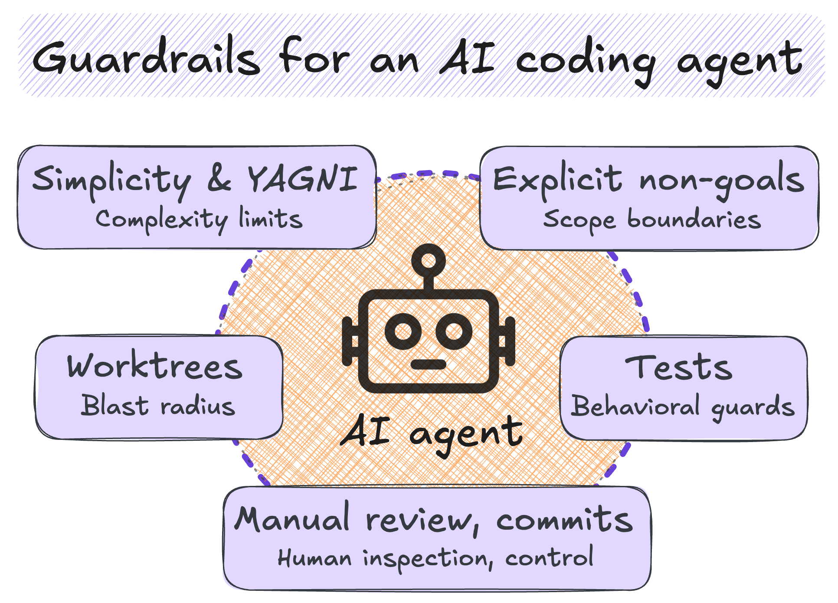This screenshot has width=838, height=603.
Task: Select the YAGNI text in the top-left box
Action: pos(302,178)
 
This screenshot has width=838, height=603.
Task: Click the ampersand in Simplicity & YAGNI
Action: pos(219,179)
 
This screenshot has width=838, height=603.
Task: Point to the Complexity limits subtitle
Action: pos(199,219)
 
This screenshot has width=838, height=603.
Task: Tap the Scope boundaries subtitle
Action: pos(652,220)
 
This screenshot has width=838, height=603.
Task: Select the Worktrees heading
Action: pos(155,366)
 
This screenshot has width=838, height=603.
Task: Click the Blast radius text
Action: pos(158,406)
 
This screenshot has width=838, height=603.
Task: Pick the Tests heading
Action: pos(679,367)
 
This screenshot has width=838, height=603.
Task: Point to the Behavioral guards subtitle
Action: pos(682,407)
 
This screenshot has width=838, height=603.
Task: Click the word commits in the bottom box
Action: pos(564,519)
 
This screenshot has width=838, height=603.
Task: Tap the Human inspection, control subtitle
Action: pos(435,558)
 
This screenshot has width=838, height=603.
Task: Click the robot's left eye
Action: pos(403,332)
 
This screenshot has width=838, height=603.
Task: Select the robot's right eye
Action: pos(454,332)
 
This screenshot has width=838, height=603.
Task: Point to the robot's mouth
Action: pos(429,364)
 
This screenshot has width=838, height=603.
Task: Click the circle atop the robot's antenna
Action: pos(429,260)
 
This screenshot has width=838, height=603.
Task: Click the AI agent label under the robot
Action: pos(432,433)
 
